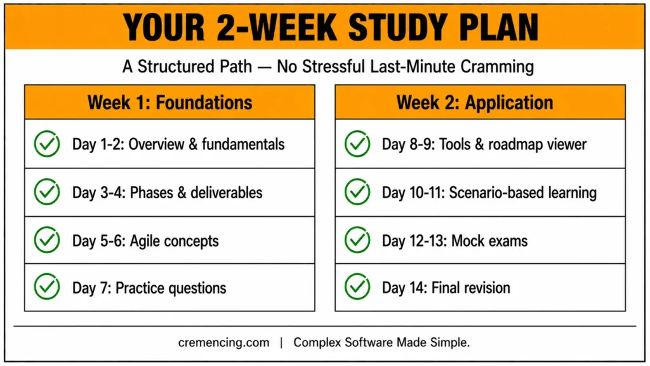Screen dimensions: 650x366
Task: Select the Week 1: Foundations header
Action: [169, 102]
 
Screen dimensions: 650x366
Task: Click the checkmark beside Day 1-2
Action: [47, 144]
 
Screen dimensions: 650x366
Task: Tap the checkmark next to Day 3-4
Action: [47, 192]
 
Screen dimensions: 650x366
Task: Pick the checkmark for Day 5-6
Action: [47, 240]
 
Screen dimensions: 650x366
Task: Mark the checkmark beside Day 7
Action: [47, 287]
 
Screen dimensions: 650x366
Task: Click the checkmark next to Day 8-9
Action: [357, 144]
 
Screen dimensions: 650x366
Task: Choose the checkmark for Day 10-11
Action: [357, 192]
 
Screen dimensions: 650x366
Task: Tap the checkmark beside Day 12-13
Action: [357, 240]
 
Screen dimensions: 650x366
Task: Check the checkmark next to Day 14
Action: [357, 287]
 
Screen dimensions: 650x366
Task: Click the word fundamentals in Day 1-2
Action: [243, 144]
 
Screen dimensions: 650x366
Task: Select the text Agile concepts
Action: [174, 241]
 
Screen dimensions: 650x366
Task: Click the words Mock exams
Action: [489, 241]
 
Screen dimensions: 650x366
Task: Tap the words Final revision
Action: [470, 288]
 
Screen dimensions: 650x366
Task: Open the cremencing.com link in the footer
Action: [223, 342]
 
